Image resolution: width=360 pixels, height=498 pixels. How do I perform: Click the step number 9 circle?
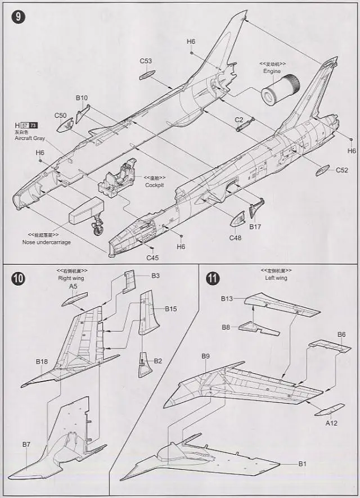click(x=17, y=17)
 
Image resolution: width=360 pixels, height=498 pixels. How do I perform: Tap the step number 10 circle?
click(x=18, y=278)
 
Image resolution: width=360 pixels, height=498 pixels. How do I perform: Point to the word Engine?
click(x=272, y=71)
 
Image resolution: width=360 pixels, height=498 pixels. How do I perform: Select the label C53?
click(x=146, y=61)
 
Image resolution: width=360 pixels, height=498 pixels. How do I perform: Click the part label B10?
click(x=82, y=97)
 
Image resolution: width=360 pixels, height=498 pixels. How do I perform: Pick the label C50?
click(x=61, y=115)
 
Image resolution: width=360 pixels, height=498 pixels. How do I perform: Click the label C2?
click(x=239, y=120)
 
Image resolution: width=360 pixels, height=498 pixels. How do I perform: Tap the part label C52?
click(x=342, y=170)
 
